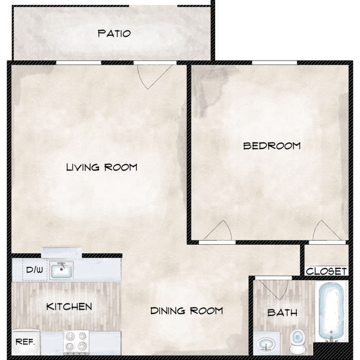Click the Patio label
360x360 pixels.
[x=114, y=34]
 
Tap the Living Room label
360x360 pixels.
[x=102, y=167]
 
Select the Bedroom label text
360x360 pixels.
[x=272, y=146]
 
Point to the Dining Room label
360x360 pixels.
[x=186, y=311]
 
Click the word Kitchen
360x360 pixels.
[x=69, y=307]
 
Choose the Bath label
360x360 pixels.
[x=282, y=312]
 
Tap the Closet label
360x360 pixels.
[x=326, y=271]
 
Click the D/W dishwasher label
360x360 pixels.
[x=35, y=270]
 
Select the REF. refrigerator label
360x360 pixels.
[x=25, y=342]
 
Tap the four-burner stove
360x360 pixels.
[x=76, y=342]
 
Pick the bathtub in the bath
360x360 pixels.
[x=332, y=312]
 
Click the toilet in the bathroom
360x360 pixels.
[x=297, y=341]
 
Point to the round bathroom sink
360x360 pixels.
[x=266, y=344]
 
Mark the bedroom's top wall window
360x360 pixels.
[x=275, y=63]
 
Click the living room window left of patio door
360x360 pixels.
[x=79, y=63]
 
